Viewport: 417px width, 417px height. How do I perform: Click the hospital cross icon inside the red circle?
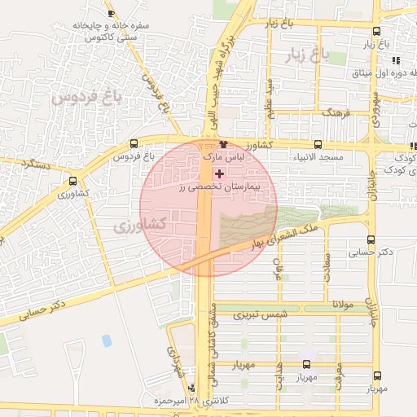coord(218,173)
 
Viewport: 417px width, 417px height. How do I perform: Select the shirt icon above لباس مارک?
coord(213,143)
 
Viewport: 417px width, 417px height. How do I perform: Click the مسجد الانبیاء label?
coord(320,156)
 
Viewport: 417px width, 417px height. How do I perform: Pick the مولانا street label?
coord(338,304)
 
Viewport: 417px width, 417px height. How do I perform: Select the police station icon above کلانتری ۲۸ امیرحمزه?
coord(191,388)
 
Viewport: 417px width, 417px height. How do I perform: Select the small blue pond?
coord(107,340)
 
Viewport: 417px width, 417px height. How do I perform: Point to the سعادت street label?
coord(327,268)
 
